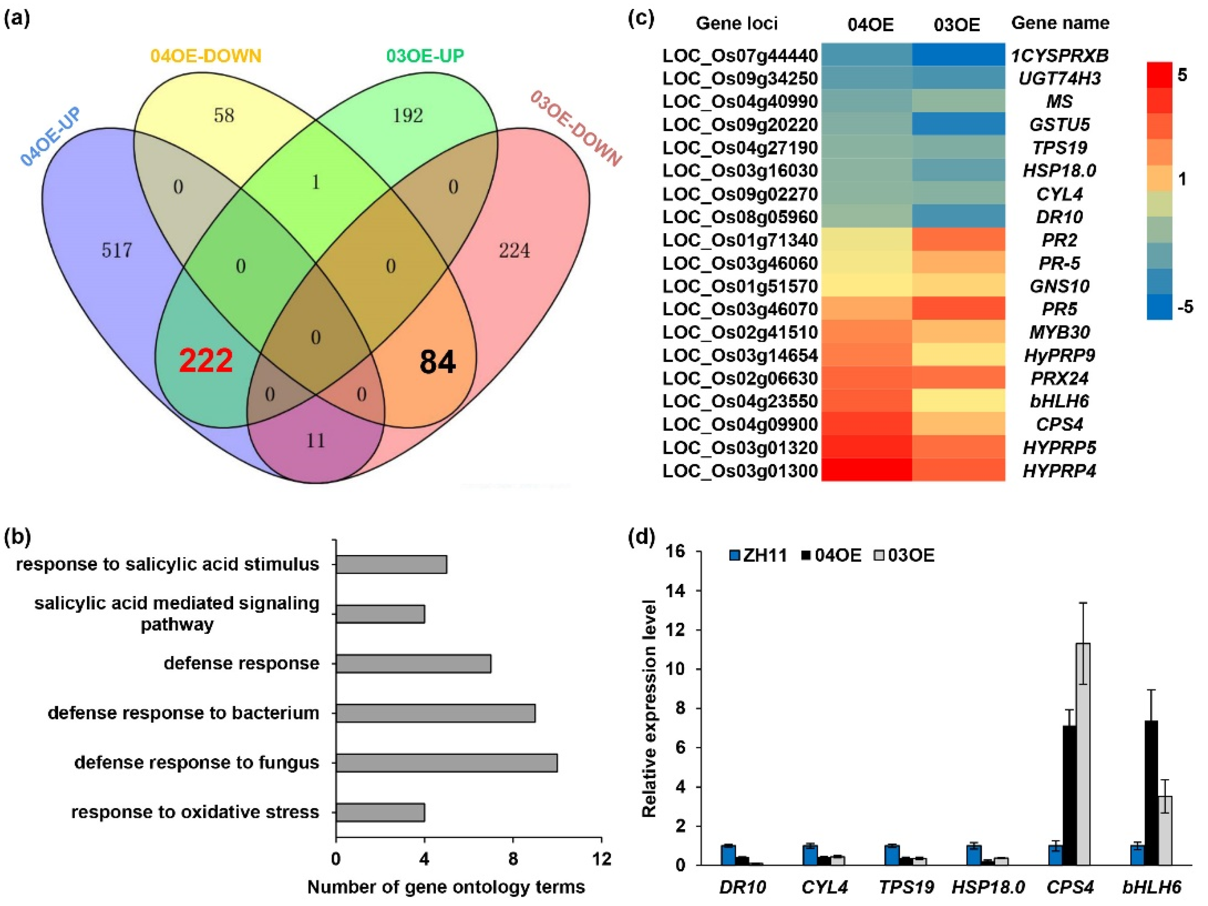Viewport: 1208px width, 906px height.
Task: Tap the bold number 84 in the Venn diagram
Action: click(x=437, y=362)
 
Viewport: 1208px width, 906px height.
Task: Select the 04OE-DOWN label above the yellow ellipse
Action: click(x=206, y=56)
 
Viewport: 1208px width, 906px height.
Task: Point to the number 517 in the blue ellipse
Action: click(x=117, y=250)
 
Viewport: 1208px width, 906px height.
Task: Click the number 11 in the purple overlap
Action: click(x=316, y=440)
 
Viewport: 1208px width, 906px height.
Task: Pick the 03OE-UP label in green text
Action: click(x=425, y=56)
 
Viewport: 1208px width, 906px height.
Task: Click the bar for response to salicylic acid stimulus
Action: click(x=391, y=565)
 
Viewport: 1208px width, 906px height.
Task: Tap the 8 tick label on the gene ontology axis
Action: click(x=513, y=859)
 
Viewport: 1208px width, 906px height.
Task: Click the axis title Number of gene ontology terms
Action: click(x=446, y=887)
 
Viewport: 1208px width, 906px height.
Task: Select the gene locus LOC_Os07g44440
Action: click(x=740, y=56)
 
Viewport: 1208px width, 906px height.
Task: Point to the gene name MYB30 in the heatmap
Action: click(x=1059, y=332)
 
